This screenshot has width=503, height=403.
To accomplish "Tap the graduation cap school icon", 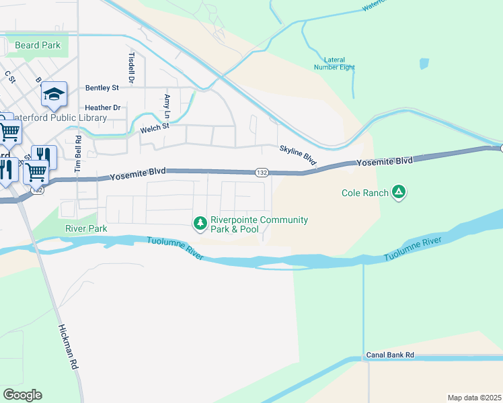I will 54,94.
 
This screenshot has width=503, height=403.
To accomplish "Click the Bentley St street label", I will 102,88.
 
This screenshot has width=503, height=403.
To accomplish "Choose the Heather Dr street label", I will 102,107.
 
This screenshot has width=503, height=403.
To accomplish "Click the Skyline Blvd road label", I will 298,155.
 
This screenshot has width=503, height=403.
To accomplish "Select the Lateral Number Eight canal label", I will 334,63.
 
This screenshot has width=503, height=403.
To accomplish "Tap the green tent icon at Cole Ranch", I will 399,193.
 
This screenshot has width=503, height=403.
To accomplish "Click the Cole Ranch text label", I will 364,193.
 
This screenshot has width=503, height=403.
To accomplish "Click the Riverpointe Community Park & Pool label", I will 259,224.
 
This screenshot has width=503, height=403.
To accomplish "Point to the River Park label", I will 86,228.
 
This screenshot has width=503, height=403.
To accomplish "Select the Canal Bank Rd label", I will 390,354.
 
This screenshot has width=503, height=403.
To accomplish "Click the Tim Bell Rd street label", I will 78,152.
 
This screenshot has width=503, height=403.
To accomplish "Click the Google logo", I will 22,395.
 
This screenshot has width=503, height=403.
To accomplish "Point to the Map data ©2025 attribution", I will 474,398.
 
